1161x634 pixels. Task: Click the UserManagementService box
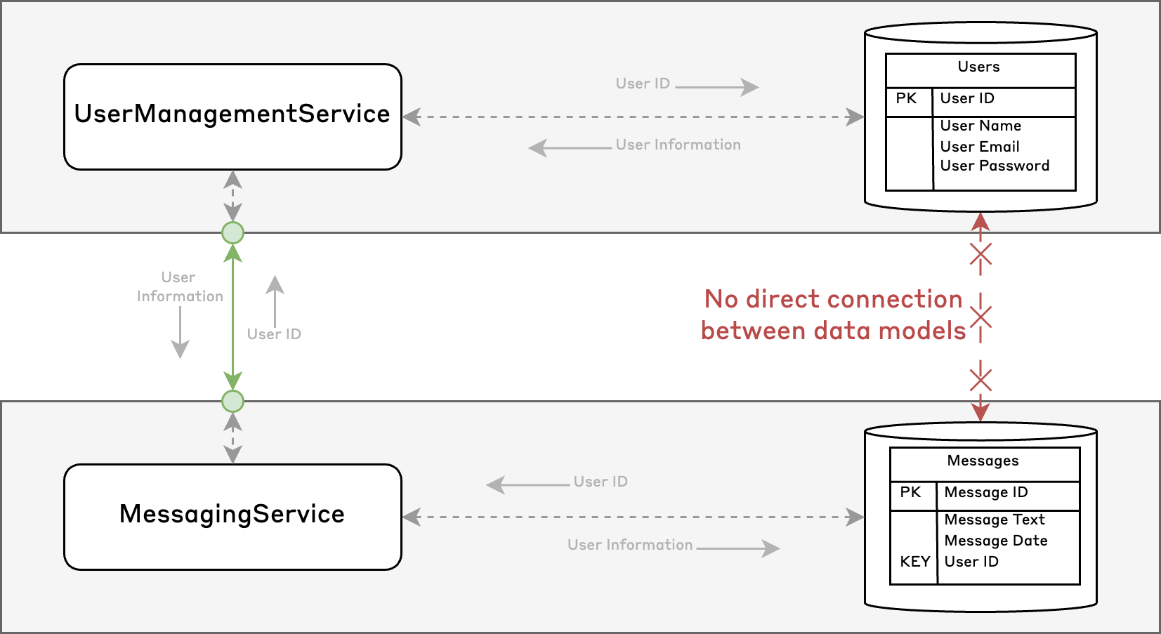(232, 117)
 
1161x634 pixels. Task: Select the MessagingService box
(232, 516)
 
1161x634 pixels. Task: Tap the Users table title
(978, 67)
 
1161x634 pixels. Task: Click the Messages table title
(983, 461)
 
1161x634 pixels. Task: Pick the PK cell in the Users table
(907, 99)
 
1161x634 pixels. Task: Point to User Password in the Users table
(995, 166)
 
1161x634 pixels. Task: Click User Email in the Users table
(980, 147)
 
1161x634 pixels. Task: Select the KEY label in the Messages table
(915, 562)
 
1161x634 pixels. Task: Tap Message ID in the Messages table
(986, 493)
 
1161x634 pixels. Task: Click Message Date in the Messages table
(996, 541)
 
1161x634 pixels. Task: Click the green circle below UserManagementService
(232, 232)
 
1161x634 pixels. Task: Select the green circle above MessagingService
(232, 402)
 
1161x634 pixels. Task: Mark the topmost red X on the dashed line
(980, 254)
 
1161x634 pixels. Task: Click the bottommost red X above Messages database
(980, 381)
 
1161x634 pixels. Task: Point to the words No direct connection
(833, 299)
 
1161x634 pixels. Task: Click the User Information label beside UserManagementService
(678, 145)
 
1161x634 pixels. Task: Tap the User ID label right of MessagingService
(601, 482)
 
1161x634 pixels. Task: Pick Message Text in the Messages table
(995, 520)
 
